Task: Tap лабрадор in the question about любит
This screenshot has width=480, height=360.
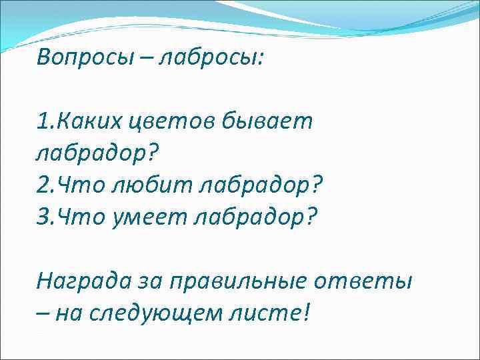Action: click(265, 186)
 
